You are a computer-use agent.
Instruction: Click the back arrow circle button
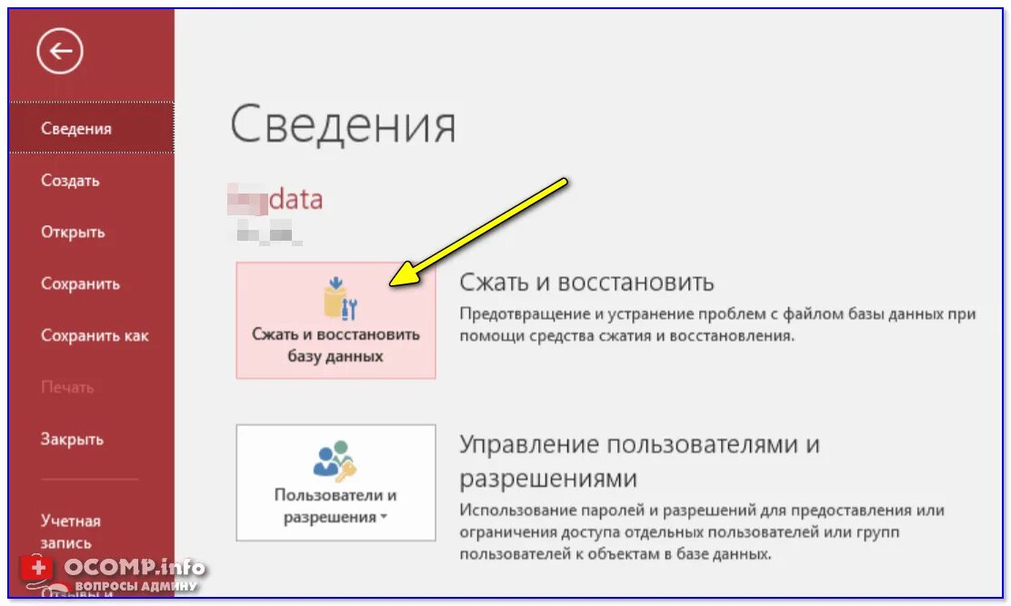pos(60,52)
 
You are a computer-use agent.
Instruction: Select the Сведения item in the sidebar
pos(76,129)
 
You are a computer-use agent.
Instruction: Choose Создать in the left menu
pos(70,181)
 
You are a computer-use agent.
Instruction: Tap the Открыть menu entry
pos(73,233)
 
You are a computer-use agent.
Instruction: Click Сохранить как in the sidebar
pos(95,336)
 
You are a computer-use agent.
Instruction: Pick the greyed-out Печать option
pos(67,388)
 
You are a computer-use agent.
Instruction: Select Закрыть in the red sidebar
pos(72,440)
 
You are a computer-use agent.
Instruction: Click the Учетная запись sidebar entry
pos(71,531)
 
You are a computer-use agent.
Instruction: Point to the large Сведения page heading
pos(343,124)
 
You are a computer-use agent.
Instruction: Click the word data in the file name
pos(296,199)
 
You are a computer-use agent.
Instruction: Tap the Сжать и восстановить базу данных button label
pos(335,345)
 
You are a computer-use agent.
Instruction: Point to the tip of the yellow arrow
pos(393,283)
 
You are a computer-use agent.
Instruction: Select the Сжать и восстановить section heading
pos(586,282)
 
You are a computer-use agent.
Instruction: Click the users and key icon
pos(335,461)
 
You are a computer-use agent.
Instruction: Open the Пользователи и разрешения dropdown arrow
pos(384,518)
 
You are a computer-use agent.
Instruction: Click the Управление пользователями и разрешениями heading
pos(639,461)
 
